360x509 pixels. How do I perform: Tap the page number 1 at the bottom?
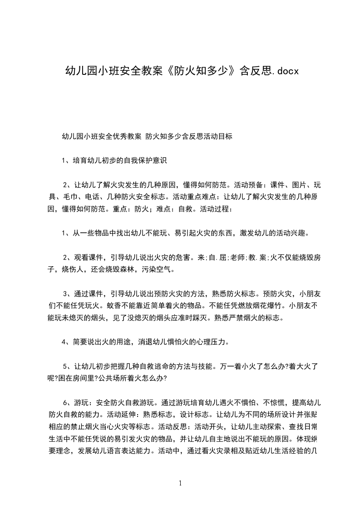[180, 483]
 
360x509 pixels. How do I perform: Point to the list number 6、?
[66, 402]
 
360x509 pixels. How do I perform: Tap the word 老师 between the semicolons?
[237, 257]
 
